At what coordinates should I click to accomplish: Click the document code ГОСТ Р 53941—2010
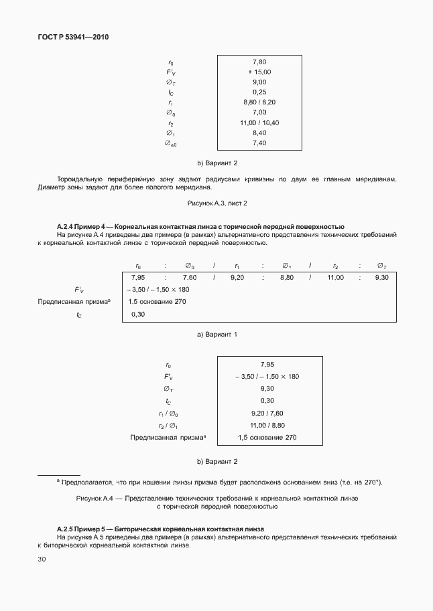coord(73,37)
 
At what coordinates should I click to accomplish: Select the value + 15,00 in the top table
coord(259,72)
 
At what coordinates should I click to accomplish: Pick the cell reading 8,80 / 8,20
coord(259,102)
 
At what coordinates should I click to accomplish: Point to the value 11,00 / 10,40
coord(259,122)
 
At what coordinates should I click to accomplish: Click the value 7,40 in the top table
coord(259,143)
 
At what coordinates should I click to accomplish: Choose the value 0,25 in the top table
coord(259,92)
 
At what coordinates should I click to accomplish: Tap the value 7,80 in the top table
coord(259,62)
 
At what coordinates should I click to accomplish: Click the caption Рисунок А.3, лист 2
coord(216,203)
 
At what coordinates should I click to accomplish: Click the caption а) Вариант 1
coord(216,333)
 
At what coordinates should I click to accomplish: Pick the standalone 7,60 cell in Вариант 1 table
coord(189,277)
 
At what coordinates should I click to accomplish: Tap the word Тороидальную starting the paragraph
coord(80,179)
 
